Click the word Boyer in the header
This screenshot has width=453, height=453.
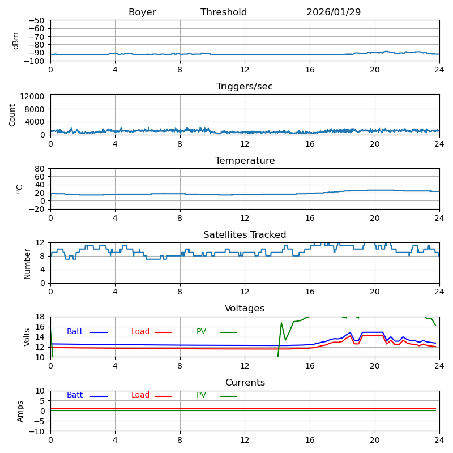coord(142,12)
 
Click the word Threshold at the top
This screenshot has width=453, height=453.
coord(224,12)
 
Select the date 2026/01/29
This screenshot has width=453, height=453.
coord(334,12)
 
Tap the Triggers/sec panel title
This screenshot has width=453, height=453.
coord(245,87)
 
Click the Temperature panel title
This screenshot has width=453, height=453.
coord(245,161)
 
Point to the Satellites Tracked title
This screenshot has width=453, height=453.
coord(245,235)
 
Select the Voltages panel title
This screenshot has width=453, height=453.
coord(245,309)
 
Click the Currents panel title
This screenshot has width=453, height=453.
coord(245,383)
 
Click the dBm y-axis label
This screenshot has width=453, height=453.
coord(16,40)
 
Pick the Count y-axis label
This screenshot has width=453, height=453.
coord(12,114)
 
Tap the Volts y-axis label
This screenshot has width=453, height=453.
coord(27,337)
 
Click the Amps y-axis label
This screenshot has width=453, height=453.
coord(21,411)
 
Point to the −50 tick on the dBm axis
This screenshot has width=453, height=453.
coord(36,20)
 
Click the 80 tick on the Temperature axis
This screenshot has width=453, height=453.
coord(40,169)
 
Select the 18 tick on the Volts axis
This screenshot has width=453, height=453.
coord(40,317)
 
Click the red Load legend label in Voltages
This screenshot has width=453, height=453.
coord(140,332)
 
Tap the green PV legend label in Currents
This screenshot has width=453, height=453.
coord(201,395)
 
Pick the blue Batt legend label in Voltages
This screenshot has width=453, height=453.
coord(75,332)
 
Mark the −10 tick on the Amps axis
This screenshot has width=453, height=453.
coord(36,431)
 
